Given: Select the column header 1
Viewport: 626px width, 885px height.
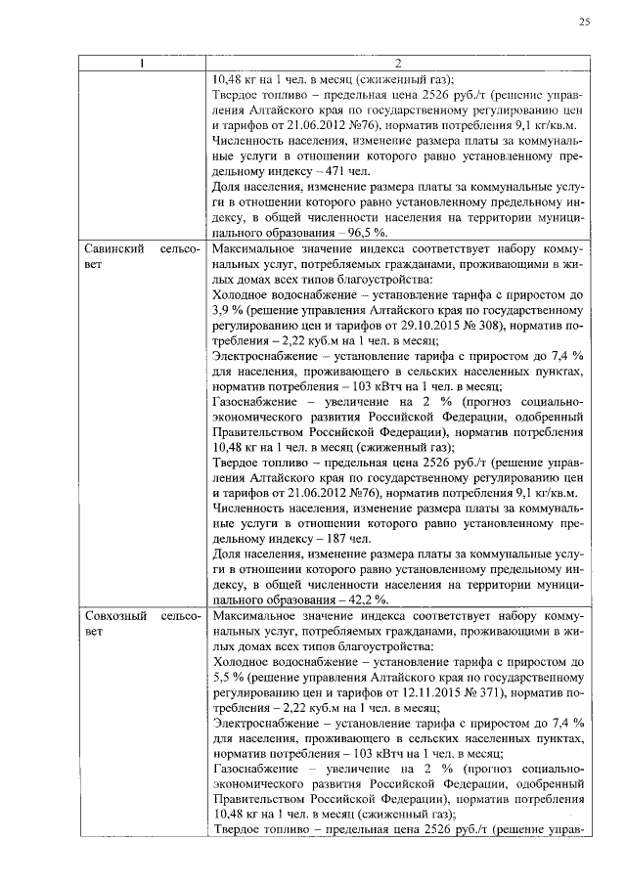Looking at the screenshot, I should (141, 65).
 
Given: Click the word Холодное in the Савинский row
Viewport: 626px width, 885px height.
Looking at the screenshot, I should (241, 295).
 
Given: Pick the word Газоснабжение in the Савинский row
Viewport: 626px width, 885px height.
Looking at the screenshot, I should (256, 402).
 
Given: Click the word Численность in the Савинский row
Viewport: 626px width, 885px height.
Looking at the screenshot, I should (247, 509).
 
